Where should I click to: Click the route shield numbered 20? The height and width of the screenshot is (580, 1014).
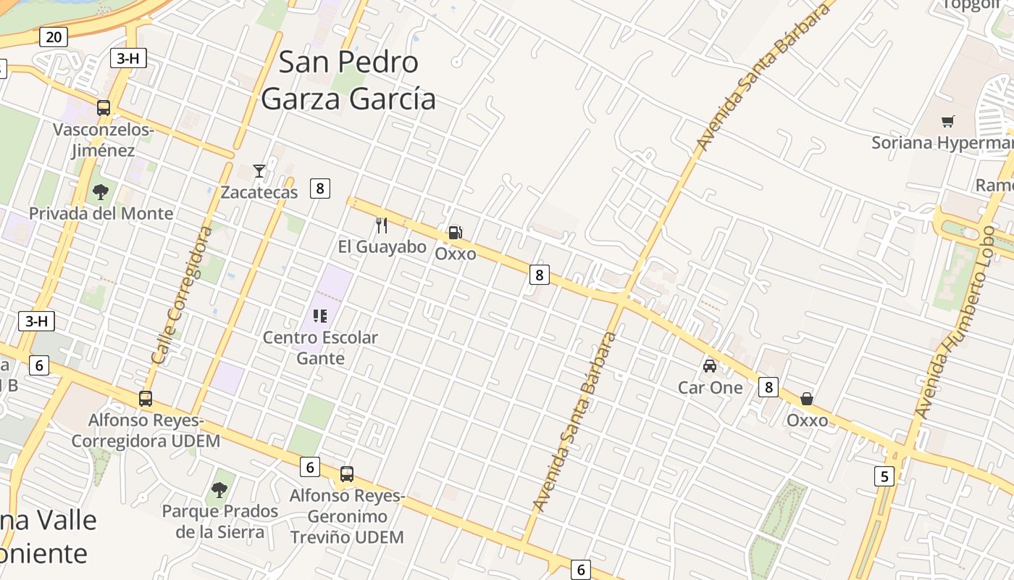(x=54, y=36)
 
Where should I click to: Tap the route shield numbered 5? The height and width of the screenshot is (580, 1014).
(x=884, y=476)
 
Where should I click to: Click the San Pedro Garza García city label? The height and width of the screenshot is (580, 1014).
(x=348, y=80)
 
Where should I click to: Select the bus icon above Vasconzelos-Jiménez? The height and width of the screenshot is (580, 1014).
(x=104, y=108)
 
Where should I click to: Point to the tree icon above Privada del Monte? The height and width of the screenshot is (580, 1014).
(x=101, y=192)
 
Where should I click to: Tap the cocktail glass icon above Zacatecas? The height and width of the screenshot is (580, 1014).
(x=259, y=171)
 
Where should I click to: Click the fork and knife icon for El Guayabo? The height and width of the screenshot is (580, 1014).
(x=382, y=225)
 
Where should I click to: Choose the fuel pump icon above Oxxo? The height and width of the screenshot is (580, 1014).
(x=455, y=233)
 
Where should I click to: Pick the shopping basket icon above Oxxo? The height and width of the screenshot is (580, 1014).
(x=807, y=399)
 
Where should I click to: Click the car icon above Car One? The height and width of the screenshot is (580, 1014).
(x=710, y=366)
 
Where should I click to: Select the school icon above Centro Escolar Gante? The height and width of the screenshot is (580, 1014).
(x=320, y=316)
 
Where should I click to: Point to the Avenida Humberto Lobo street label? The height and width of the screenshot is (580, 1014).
(x=955, y=321)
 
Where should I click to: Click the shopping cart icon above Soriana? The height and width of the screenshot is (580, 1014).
(x=947, y=121)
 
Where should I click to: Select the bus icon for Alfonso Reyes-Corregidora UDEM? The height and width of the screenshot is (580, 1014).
(x=146, y=399)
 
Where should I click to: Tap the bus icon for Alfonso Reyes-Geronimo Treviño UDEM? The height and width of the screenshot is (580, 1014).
(x=347, y=474)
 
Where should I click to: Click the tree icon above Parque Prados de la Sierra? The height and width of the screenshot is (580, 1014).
(x=219, y=490)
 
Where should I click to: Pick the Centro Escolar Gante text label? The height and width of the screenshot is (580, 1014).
(x=320, y=348)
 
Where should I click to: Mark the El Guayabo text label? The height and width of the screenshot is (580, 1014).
(x=382, y=247)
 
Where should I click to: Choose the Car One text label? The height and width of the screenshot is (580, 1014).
(x=711, y=388)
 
